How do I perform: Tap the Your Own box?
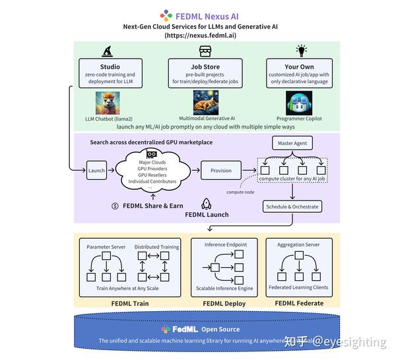[301, 73]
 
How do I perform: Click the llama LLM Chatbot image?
[108, 102]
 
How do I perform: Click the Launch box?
[96, 171]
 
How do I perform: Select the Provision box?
[221, 171]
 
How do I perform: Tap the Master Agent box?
[292, 143]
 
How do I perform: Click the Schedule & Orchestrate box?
[291, 206]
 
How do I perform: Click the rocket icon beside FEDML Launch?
[206, 204]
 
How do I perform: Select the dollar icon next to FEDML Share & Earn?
[115, 206]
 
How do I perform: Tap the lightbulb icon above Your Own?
[302, 50]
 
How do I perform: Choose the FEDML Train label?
[130, 303]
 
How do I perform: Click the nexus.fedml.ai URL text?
[200, 35]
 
